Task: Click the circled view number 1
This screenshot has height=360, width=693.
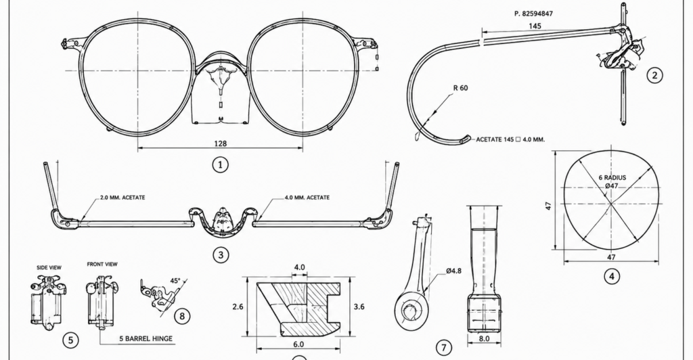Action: pyautogui.click(x=221, y=164)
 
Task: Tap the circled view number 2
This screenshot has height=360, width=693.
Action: pyautogui.click(x=654, y=75)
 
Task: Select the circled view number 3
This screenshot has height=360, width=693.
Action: pyautogui.click(x=221, y=254)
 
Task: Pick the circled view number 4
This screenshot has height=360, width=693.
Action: pyautogui.click(x=612, y=277)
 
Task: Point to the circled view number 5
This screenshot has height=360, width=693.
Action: pyautogui.click(x=70, y=340)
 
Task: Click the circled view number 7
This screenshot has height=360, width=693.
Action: pyautogui.click(x=444, y=347)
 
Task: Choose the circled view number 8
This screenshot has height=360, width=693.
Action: pyautogui.click(x=182, y=316)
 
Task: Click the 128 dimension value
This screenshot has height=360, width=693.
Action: pyautogui.click(x=220, y=143)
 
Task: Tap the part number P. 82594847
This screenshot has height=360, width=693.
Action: pyautogui.click(x=533, y=14)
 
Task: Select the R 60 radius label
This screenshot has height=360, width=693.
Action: pyautogui.click(x=460, y=88)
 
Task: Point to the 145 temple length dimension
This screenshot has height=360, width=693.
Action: pyautogui.click(x=535, y=26)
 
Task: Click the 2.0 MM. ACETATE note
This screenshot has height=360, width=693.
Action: pyautogui.click(x=122, y=198)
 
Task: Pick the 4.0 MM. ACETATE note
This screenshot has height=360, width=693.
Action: pyautogui.click(x=307, y=198)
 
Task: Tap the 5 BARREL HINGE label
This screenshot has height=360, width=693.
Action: pyautogui.click(x=146, y=339)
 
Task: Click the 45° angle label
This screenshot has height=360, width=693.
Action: pyautogui.click(x=175, y=281)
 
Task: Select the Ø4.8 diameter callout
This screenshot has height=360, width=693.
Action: pyautogui.click(x=453, y=271)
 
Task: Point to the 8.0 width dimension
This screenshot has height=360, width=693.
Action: pyautogui.click(x=484, y=338)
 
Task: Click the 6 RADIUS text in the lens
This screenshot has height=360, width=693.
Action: pyautogui.click(x=612, y=177)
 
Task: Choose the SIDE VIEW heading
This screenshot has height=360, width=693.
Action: pyautogui.click(x=49, y=267)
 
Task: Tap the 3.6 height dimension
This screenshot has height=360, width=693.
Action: pyautogui.click(x=359, y=307)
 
